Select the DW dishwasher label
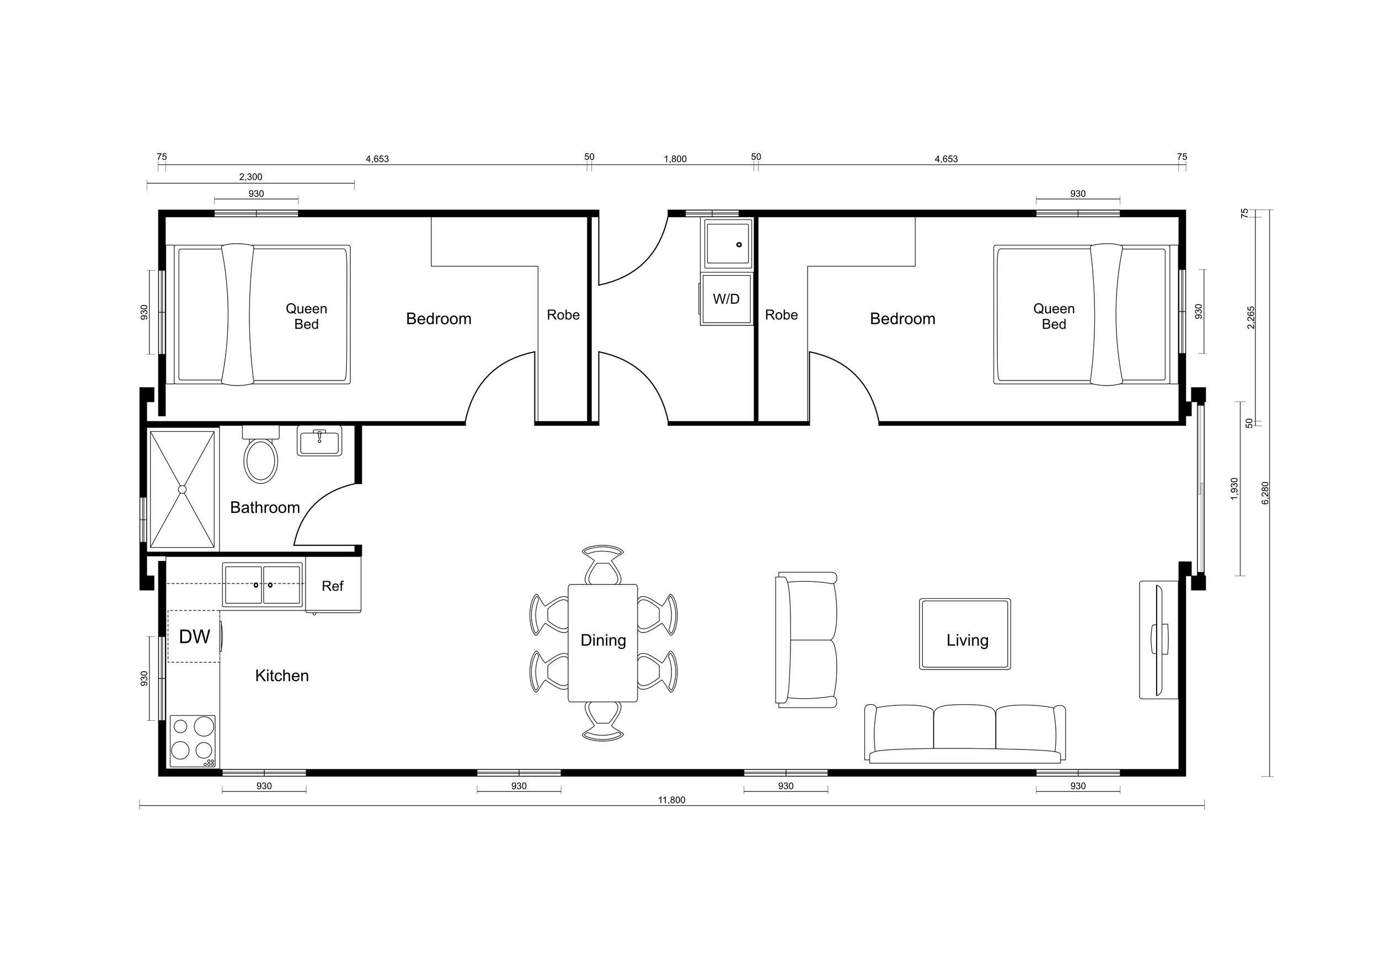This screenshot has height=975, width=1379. (195, 637)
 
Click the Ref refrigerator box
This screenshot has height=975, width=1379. (333, 586)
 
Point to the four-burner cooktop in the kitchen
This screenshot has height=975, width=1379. (193, 740)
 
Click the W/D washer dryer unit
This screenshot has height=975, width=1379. (726, 299)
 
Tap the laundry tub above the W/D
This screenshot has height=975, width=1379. (728, 243)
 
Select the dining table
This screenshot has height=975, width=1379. (603, 642)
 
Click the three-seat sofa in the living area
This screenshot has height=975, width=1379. (965, 734)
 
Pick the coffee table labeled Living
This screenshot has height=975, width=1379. (965, 634)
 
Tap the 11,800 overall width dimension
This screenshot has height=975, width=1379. (671, 800)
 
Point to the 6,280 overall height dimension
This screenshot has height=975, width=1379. (1265, 492)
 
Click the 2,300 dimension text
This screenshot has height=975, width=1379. (250, 177)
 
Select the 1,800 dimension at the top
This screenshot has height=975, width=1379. (675, 159)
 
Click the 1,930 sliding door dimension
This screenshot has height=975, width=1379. (1234, 488)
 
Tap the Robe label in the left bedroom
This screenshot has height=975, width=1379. (563, 315)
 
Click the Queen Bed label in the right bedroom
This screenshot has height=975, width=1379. (1054, 317)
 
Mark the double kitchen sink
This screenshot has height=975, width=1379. (263, 585)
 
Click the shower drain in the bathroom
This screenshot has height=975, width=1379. (183, 489)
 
